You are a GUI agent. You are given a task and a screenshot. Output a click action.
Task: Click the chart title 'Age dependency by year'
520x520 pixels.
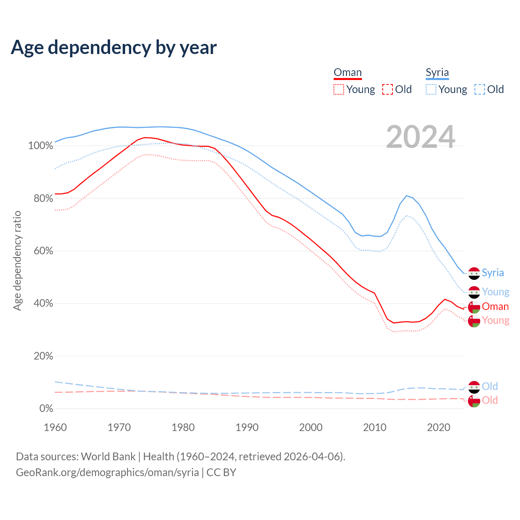point(114,48)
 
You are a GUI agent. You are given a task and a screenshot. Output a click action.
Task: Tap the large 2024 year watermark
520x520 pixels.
point(420,137)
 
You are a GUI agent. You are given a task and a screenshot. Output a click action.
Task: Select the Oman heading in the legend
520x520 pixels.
point(347,73)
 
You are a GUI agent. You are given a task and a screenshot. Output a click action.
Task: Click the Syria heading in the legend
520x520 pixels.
point(437,73)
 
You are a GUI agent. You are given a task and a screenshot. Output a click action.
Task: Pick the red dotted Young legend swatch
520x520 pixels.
point(339,89)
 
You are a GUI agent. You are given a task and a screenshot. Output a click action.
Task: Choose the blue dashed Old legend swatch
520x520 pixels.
point(480,89)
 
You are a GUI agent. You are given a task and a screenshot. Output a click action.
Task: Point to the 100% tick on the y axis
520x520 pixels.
point(41,146)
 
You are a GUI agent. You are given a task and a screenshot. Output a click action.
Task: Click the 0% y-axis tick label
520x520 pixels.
point(46,409)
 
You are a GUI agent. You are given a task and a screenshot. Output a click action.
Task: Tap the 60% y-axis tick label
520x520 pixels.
point(43,251)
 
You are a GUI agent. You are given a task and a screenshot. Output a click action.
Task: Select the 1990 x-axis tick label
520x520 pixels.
point(247,427)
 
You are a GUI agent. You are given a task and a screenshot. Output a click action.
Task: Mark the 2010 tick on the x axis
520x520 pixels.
point(375,427)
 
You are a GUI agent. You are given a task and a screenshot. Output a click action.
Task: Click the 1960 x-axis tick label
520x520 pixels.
point(55,427)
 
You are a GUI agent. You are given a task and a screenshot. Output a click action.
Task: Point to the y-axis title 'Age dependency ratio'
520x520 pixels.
point(17,260)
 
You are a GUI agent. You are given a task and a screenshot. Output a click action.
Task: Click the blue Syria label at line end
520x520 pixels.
point(493,273)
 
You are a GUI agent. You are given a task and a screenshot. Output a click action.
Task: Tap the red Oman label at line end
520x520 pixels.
point(495,307)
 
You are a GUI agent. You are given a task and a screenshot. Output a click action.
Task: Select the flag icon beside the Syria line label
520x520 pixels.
point(474,274)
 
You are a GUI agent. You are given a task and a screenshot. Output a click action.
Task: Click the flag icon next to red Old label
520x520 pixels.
point(474,401)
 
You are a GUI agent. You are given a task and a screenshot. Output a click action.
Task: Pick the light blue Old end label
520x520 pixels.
point(490,386)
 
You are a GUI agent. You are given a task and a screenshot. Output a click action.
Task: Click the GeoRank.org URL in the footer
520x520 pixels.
point(107,472)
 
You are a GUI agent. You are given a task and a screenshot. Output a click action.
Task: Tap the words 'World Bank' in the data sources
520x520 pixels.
point(108,457)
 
